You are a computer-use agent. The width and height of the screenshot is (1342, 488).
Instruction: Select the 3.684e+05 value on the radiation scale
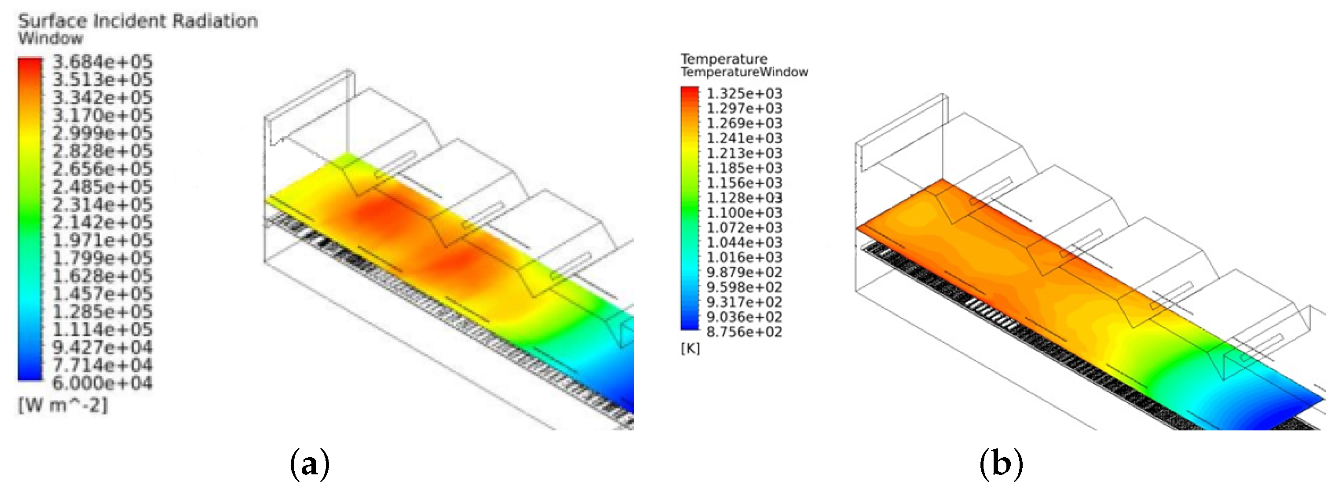102,62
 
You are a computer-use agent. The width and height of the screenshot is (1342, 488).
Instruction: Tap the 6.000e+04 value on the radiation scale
102,383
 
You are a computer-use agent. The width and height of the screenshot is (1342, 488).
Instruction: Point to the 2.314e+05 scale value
102,205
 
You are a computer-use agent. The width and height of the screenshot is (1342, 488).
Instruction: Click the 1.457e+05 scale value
102,294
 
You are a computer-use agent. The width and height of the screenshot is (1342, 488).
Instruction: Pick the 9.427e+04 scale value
102,347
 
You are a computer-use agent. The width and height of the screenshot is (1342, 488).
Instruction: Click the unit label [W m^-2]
62,405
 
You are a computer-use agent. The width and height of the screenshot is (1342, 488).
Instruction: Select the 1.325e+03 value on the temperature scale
744,94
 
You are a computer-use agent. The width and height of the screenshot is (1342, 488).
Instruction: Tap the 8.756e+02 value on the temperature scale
744,332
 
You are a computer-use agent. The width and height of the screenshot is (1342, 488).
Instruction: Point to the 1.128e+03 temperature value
744,198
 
